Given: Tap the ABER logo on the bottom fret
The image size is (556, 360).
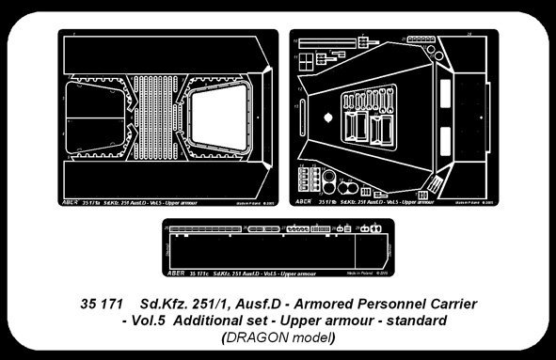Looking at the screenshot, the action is coord(173,274).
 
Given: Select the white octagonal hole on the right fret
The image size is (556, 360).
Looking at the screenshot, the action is coord(327,118).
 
